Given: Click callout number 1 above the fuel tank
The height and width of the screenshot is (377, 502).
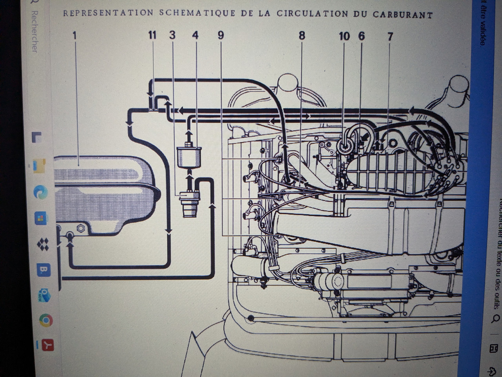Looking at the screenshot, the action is coord(75,35).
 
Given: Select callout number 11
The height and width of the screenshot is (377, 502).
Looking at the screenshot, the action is coord(152,35).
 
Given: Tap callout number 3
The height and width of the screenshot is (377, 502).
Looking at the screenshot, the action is coord(172,35).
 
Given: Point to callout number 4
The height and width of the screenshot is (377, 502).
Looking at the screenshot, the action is coord(195,35).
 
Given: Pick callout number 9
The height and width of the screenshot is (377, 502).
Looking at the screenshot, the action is coord(221,35).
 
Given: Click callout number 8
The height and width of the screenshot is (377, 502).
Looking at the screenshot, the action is coord(302,36).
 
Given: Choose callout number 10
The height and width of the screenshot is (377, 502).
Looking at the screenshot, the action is coord(344,36).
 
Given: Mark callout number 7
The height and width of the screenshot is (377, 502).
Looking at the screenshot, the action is coord(390,37).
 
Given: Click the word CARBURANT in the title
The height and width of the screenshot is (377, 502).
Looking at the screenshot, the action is coord(402,15).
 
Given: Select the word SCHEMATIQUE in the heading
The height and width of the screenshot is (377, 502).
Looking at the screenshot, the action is coord(198,13).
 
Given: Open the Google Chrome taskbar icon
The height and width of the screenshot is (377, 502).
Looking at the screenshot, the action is coord(46,321).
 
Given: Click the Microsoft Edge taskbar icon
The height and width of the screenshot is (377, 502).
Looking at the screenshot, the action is coord(40,192).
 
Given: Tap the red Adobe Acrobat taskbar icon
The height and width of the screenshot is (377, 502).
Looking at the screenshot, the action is coord(47,345).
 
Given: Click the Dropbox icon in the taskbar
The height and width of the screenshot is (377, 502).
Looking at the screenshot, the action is coord(43,245).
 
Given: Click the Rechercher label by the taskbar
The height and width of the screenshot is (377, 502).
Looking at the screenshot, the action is coord(35,31).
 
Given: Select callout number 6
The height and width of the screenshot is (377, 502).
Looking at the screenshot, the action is coord(361,36).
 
